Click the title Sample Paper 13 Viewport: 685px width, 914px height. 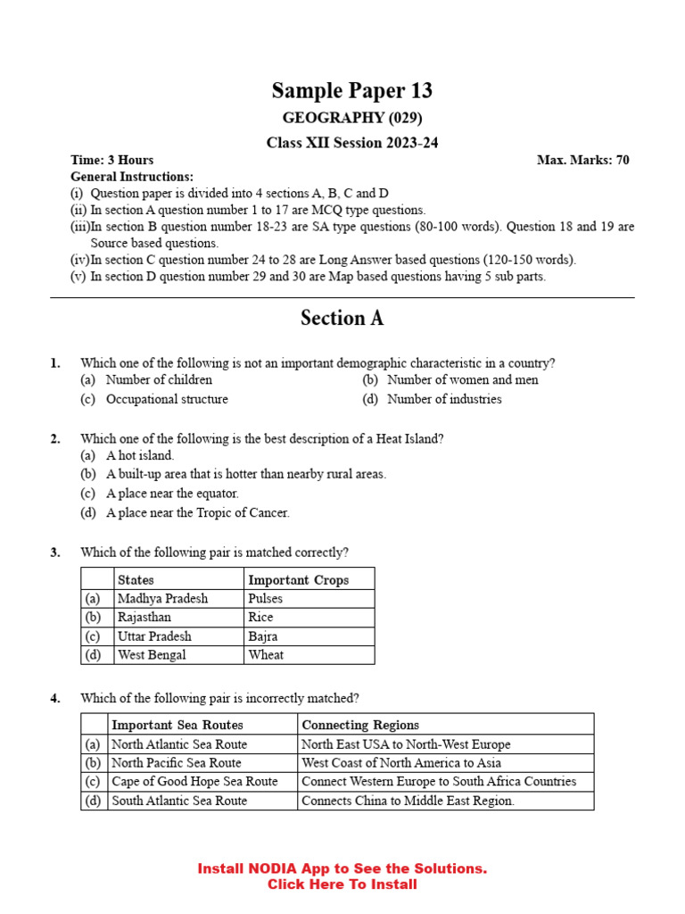351,90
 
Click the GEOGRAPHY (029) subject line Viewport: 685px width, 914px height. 352,118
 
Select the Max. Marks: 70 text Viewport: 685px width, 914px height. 582,160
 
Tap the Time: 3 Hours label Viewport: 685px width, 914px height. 111,160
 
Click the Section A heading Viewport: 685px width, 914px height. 342,319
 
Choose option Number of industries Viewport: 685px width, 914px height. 444,399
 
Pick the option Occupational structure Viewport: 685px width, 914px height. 167,399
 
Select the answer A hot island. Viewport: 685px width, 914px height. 140,455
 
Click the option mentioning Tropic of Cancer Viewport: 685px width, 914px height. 197,512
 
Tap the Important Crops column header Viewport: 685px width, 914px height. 298,579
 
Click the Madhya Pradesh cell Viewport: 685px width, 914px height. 162,599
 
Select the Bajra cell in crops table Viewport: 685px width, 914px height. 263,636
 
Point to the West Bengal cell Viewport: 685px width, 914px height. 152,655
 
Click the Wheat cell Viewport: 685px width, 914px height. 266,655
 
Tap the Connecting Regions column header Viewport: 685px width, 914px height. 359,725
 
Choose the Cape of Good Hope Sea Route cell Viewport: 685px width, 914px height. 194,781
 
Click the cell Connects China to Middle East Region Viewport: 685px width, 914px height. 408,801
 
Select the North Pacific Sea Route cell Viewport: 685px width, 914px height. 177,762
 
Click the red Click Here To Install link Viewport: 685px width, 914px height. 342,885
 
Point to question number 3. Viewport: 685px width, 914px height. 55,553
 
